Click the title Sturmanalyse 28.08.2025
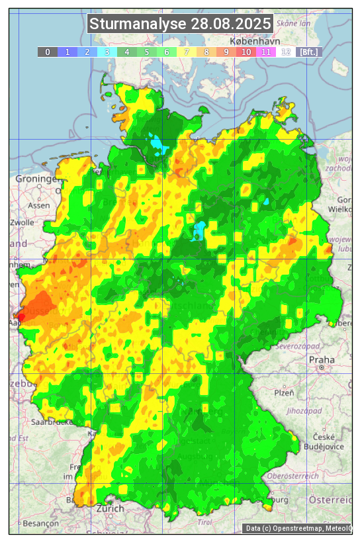pos(180,24)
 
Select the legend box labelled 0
pos(47,52)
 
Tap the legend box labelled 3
pos(107,52)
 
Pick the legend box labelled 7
pos(187,52)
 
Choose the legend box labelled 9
pos(226,52)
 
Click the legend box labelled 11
pos(266,52)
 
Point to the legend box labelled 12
pos(286,52)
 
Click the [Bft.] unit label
pos(308,52)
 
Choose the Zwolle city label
pos(22,222)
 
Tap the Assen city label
pos(40,205)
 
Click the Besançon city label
pos(42,523)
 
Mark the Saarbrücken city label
pos(52,422)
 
